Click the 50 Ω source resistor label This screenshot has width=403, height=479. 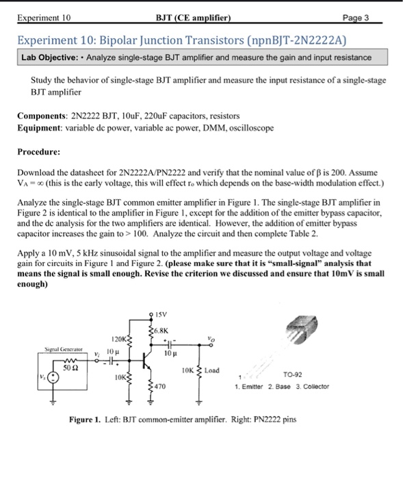[68, 367]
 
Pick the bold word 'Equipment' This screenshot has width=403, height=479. [40, 128]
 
